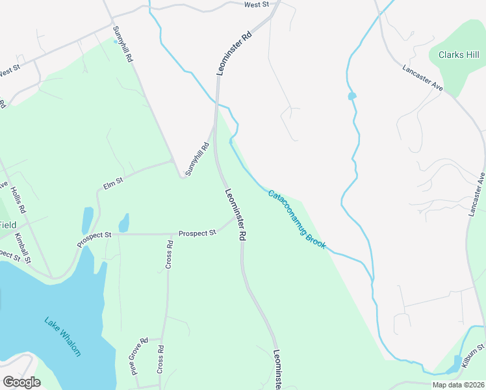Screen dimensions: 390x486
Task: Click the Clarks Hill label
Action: pyautogui.click(x=459, y=55)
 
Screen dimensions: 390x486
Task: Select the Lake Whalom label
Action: pyautogui.click(x=62, y=335)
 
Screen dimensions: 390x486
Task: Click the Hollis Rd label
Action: pyautogui.click(x=18, y=201)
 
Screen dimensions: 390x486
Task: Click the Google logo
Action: pyautogui.click(x=21, y=382)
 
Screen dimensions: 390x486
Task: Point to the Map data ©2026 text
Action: pyautogui.click(x=457, y=385)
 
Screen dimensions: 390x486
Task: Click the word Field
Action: pyautogui.click(x=8, y=225)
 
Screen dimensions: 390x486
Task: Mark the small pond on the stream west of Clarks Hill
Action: pyautogui.click(x=352, y=96)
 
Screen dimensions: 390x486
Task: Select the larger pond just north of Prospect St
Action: pyautogui.click(x=87, y=220)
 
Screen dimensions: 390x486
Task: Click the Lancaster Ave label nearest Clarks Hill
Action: pyautogui.click(x=422, y=77)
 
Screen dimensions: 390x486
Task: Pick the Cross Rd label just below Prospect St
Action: pyautogui.click(x=169, y=254)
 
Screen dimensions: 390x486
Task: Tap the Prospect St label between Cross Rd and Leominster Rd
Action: pyautogui.click(x=197, y=233)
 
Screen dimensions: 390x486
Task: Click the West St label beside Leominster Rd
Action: pyautogui.click(x=257, y=5)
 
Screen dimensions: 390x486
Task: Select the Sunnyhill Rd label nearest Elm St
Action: pyautogui.click(x=197, y=159)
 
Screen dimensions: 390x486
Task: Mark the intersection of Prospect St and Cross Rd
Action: pyautogui.click(x=168, y=234)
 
